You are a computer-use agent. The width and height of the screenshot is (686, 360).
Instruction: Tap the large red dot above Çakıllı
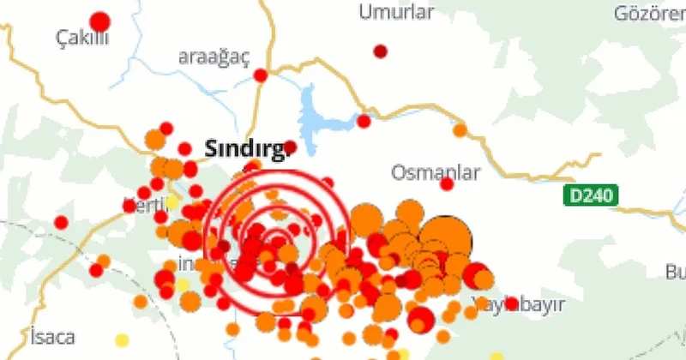(x=100, y=21)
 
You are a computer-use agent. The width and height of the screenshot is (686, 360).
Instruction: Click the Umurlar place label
(x=396, y=12)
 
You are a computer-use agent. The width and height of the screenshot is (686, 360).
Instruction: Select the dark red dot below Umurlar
(x=381, y=51)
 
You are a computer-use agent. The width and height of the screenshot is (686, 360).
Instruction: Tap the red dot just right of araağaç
(x=261, y=75)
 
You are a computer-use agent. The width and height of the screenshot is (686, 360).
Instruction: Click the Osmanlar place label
(x=435, y=172)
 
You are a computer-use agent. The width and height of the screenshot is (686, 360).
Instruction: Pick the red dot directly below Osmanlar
(x=447, y=183)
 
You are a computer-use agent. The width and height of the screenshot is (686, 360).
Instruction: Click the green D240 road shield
(x=592, y=195)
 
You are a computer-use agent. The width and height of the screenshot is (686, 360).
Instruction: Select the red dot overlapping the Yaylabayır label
(x=512, y=303)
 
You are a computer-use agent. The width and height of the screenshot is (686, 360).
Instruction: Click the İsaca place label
(x=51, y=335)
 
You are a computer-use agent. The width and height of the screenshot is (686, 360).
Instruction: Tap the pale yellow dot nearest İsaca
(x=123, y=340)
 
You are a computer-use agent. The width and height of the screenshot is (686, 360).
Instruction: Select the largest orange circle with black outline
(x=446, y=237)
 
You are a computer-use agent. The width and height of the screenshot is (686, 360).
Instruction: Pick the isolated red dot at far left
(x=61, y=222)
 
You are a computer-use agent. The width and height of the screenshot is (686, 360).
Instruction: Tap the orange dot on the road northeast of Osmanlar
(x=460, y=130)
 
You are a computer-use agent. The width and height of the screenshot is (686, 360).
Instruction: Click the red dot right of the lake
(x=364, y=121)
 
